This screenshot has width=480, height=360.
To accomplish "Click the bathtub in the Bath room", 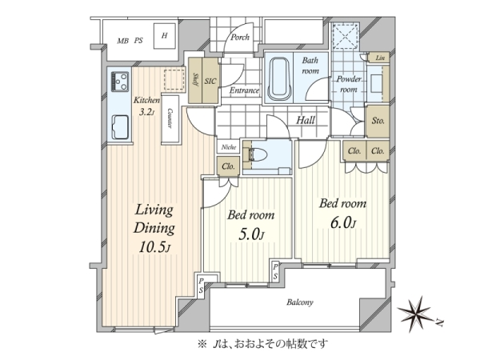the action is [279, 78].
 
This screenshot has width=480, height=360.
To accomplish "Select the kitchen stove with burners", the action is [120, 82].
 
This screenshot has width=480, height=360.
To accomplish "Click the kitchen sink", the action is [120, 127].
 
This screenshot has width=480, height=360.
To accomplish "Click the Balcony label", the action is [300, 302].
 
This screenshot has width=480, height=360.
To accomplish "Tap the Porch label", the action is [240, 38].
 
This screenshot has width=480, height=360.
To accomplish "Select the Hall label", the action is [306, 120].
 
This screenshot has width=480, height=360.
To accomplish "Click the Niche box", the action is [229, 147].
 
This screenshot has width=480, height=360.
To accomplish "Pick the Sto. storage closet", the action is [378, 121].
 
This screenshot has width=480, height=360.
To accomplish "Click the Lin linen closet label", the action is [380, 58].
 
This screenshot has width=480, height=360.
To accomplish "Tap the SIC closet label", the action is [210, 82].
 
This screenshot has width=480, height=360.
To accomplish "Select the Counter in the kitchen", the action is [170, 118].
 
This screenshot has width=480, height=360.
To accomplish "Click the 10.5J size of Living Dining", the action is [154, 247].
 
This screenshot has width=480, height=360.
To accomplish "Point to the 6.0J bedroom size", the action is [343, 223].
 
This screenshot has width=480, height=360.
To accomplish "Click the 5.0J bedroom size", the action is [250, 234].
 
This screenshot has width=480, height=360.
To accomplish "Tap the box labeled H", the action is [164, 36].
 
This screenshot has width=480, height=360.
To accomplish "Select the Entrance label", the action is [244, 90].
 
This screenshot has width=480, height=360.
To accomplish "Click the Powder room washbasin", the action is [376, 83].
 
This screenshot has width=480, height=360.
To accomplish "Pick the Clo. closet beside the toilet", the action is [228, 166].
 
